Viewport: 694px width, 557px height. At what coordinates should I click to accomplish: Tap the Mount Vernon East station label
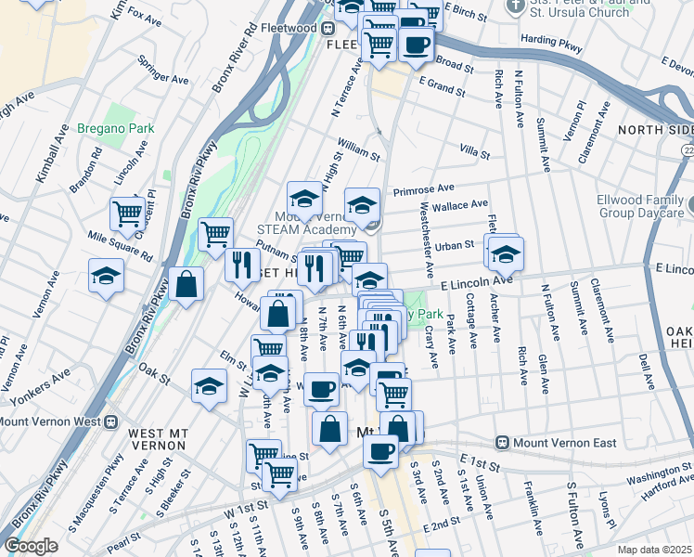click(565, 443)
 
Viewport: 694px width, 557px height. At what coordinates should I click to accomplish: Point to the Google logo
click(31, 546)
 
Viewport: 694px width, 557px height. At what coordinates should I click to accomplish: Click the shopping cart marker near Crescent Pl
click(128, 213)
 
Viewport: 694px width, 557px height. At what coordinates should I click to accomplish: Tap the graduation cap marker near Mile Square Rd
click(106, 275)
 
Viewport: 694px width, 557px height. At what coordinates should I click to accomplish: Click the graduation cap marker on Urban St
click(506, 253)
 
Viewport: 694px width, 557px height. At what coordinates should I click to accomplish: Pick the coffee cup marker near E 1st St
click(380, 451)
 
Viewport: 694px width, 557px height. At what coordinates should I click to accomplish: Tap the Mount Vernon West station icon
click(110, 421)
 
